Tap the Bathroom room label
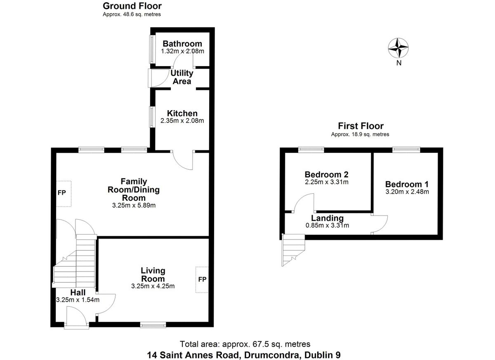[x=182, y=44]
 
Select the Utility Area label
[x=182, y=77]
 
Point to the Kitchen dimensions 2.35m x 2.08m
[x=182, y=121]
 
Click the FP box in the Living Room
[x=202, y=280]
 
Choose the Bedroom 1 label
[x=407, y=185]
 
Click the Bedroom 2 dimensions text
[x=327, y=182]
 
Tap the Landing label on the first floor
[x=327, y=218]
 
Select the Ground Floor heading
[x=132, y=6]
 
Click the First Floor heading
[x=361, y=126]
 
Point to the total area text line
[x=245, y=344]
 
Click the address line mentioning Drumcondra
[x=244, y=354]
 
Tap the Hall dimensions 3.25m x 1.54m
[x=78, y=300]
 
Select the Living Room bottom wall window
[x=153, y=325]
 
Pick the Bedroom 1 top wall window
[x=406, y=149]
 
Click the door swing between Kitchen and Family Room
[x=183, y=160]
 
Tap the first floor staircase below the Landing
[x=292, y=250]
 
